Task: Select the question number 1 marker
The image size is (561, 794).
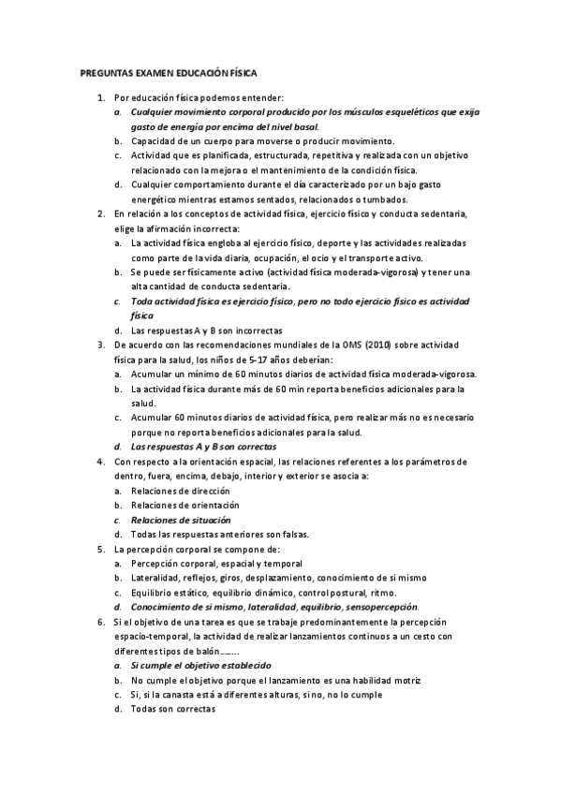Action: click(x=101, y=97)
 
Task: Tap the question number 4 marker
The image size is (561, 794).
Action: click(x=101, y=462)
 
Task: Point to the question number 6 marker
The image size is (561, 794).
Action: click(x=101, y=622)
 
